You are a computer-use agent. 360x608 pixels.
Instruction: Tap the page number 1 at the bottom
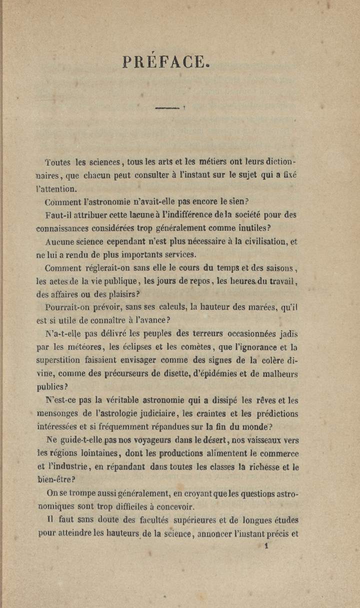pyautogui.click(x=267, y=547)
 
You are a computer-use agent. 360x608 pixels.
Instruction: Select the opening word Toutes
pyautogui.click(x=58, y=163)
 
